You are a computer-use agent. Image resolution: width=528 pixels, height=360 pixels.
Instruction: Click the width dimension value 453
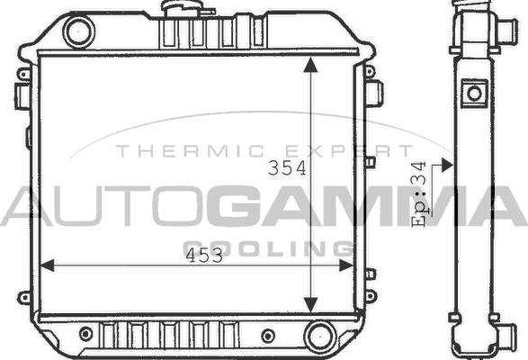coord(204,256)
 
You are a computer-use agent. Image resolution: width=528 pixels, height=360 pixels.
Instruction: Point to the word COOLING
coord(268,248)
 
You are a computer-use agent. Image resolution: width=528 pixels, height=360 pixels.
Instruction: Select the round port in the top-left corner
coord(78,32)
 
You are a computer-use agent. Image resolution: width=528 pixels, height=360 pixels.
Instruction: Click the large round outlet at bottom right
coord(319,337)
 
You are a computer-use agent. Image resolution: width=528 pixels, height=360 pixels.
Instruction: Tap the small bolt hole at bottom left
coord(86,334)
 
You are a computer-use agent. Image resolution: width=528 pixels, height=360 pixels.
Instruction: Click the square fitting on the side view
coord(474,92)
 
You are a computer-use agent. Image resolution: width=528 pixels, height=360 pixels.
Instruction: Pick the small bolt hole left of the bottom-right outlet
coord(267,336)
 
